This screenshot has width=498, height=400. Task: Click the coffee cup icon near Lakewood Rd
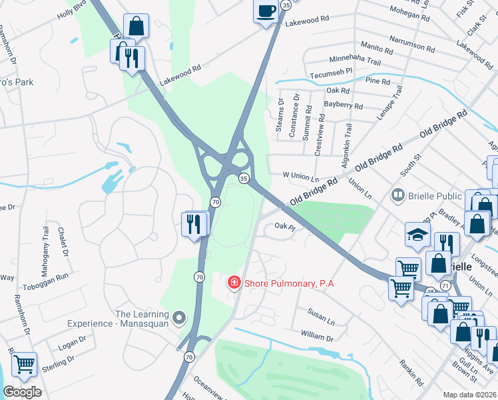point(266,11)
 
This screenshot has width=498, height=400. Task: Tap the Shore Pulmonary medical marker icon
point(234,283)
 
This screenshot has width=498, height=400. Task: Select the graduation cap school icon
point(417,235)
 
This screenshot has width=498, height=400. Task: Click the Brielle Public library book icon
point(398,196)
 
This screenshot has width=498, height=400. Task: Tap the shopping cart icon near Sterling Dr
point(24,364)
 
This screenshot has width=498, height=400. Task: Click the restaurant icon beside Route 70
point(194,223)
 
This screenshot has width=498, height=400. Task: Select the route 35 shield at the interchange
point(244,178)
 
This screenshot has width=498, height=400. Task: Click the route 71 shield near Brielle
point(444,285)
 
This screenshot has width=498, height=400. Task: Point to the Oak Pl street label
point(284,227)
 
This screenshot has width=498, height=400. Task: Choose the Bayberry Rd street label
point(343,106)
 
